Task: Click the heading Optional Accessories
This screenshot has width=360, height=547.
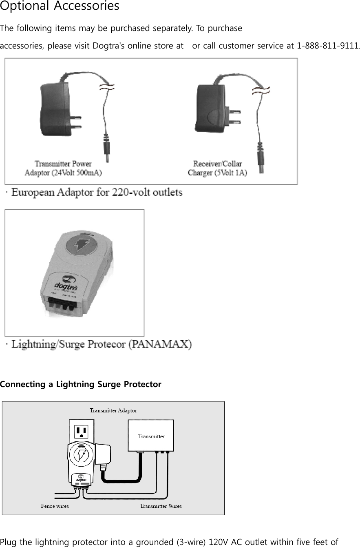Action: point(60,6)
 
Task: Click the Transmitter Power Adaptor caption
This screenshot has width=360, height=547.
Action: point(63,168)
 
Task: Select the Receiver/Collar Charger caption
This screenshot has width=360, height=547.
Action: point(217,168)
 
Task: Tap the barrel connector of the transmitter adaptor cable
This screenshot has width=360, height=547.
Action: point(108,151)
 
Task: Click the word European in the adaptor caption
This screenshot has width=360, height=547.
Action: point(33,192)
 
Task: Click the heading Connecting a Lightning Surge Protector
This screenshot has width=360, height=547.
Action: point(81,384)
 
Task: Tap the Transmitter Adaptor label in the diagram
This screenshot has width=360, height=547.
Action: point(113,410)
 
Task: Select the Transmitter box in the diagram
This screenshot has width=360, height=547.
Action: point(151,436)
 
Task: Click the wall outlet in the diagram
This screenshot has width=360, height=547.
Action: point(82,432)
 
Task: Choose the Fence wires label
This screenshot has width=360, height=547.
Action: point(55,506)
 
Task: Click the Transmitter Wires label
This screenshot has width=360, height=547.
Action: point(161,506)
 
